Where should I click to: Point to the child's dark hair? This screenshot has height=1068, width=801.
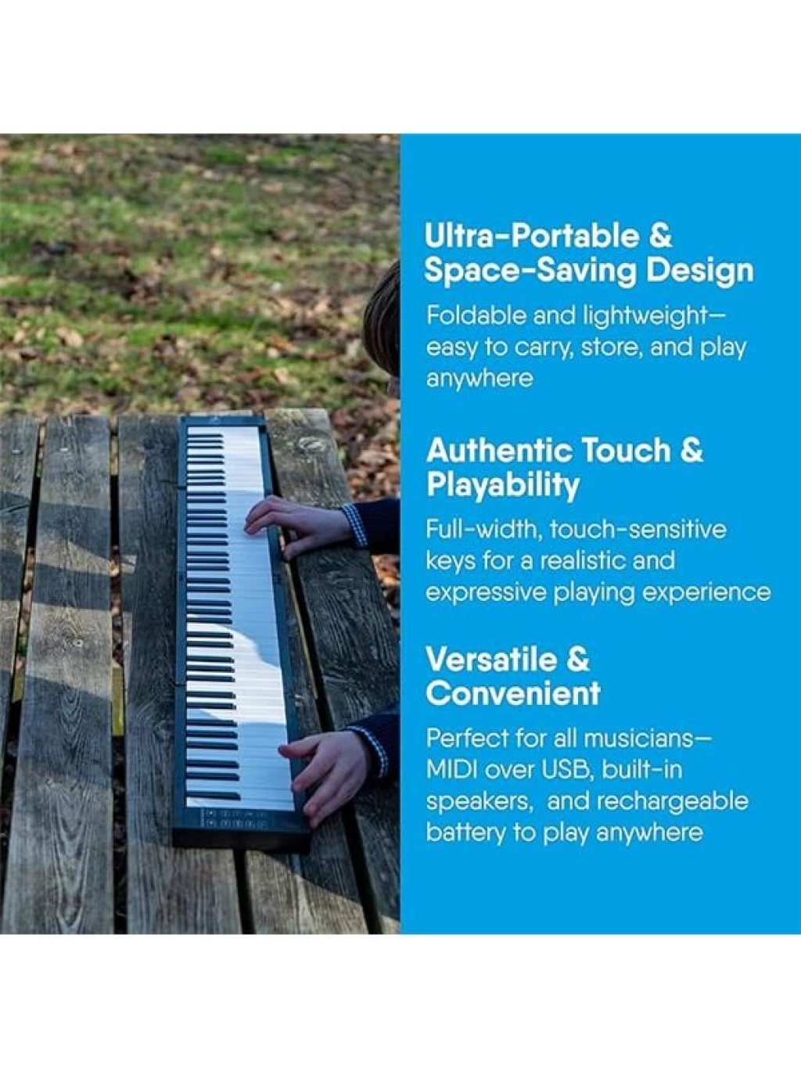pyautogui.click(x=383, y=318)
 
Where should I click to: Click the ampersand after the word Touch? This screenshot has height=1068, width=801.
pyautogui.click(x=691, y=450)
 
